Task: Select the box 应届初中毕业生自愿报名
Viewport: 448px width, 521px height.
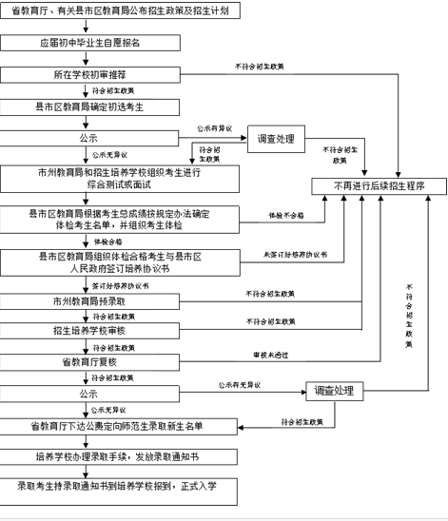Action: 89,43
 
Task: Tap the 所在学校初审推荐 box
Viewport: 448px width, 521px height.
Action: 89,74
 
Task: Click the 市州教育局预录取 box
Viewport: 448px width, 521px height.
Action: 89,300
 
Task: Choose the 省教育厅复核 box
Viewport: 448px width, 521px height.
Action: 89,362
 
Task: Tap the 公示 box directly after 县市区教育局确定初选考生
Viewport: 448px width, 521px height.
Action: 89,138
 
